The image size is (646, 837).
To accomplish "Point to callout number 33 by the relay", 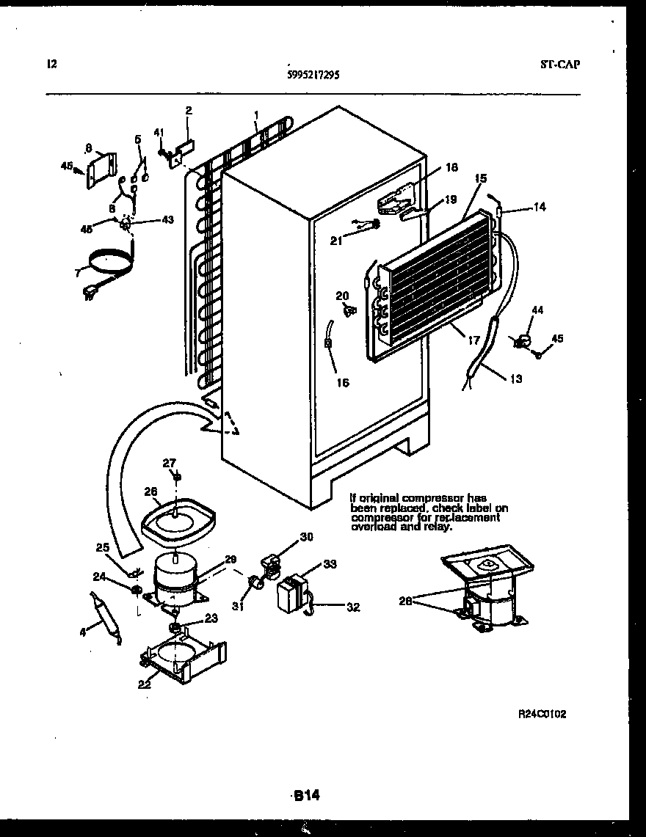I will point(330,564).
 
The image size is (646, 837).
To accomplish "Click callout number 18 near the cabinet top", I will point(451,168).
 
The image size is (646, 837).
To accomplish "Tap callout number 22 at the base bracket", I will point(143,684).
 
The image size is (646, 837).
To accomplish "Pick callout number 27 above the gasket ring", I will point(170,462).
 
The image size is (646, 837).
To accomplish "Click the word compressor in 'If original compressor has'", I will point(433,498).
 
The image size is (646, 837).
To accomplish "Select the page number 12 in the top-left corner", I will point(51,65).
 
